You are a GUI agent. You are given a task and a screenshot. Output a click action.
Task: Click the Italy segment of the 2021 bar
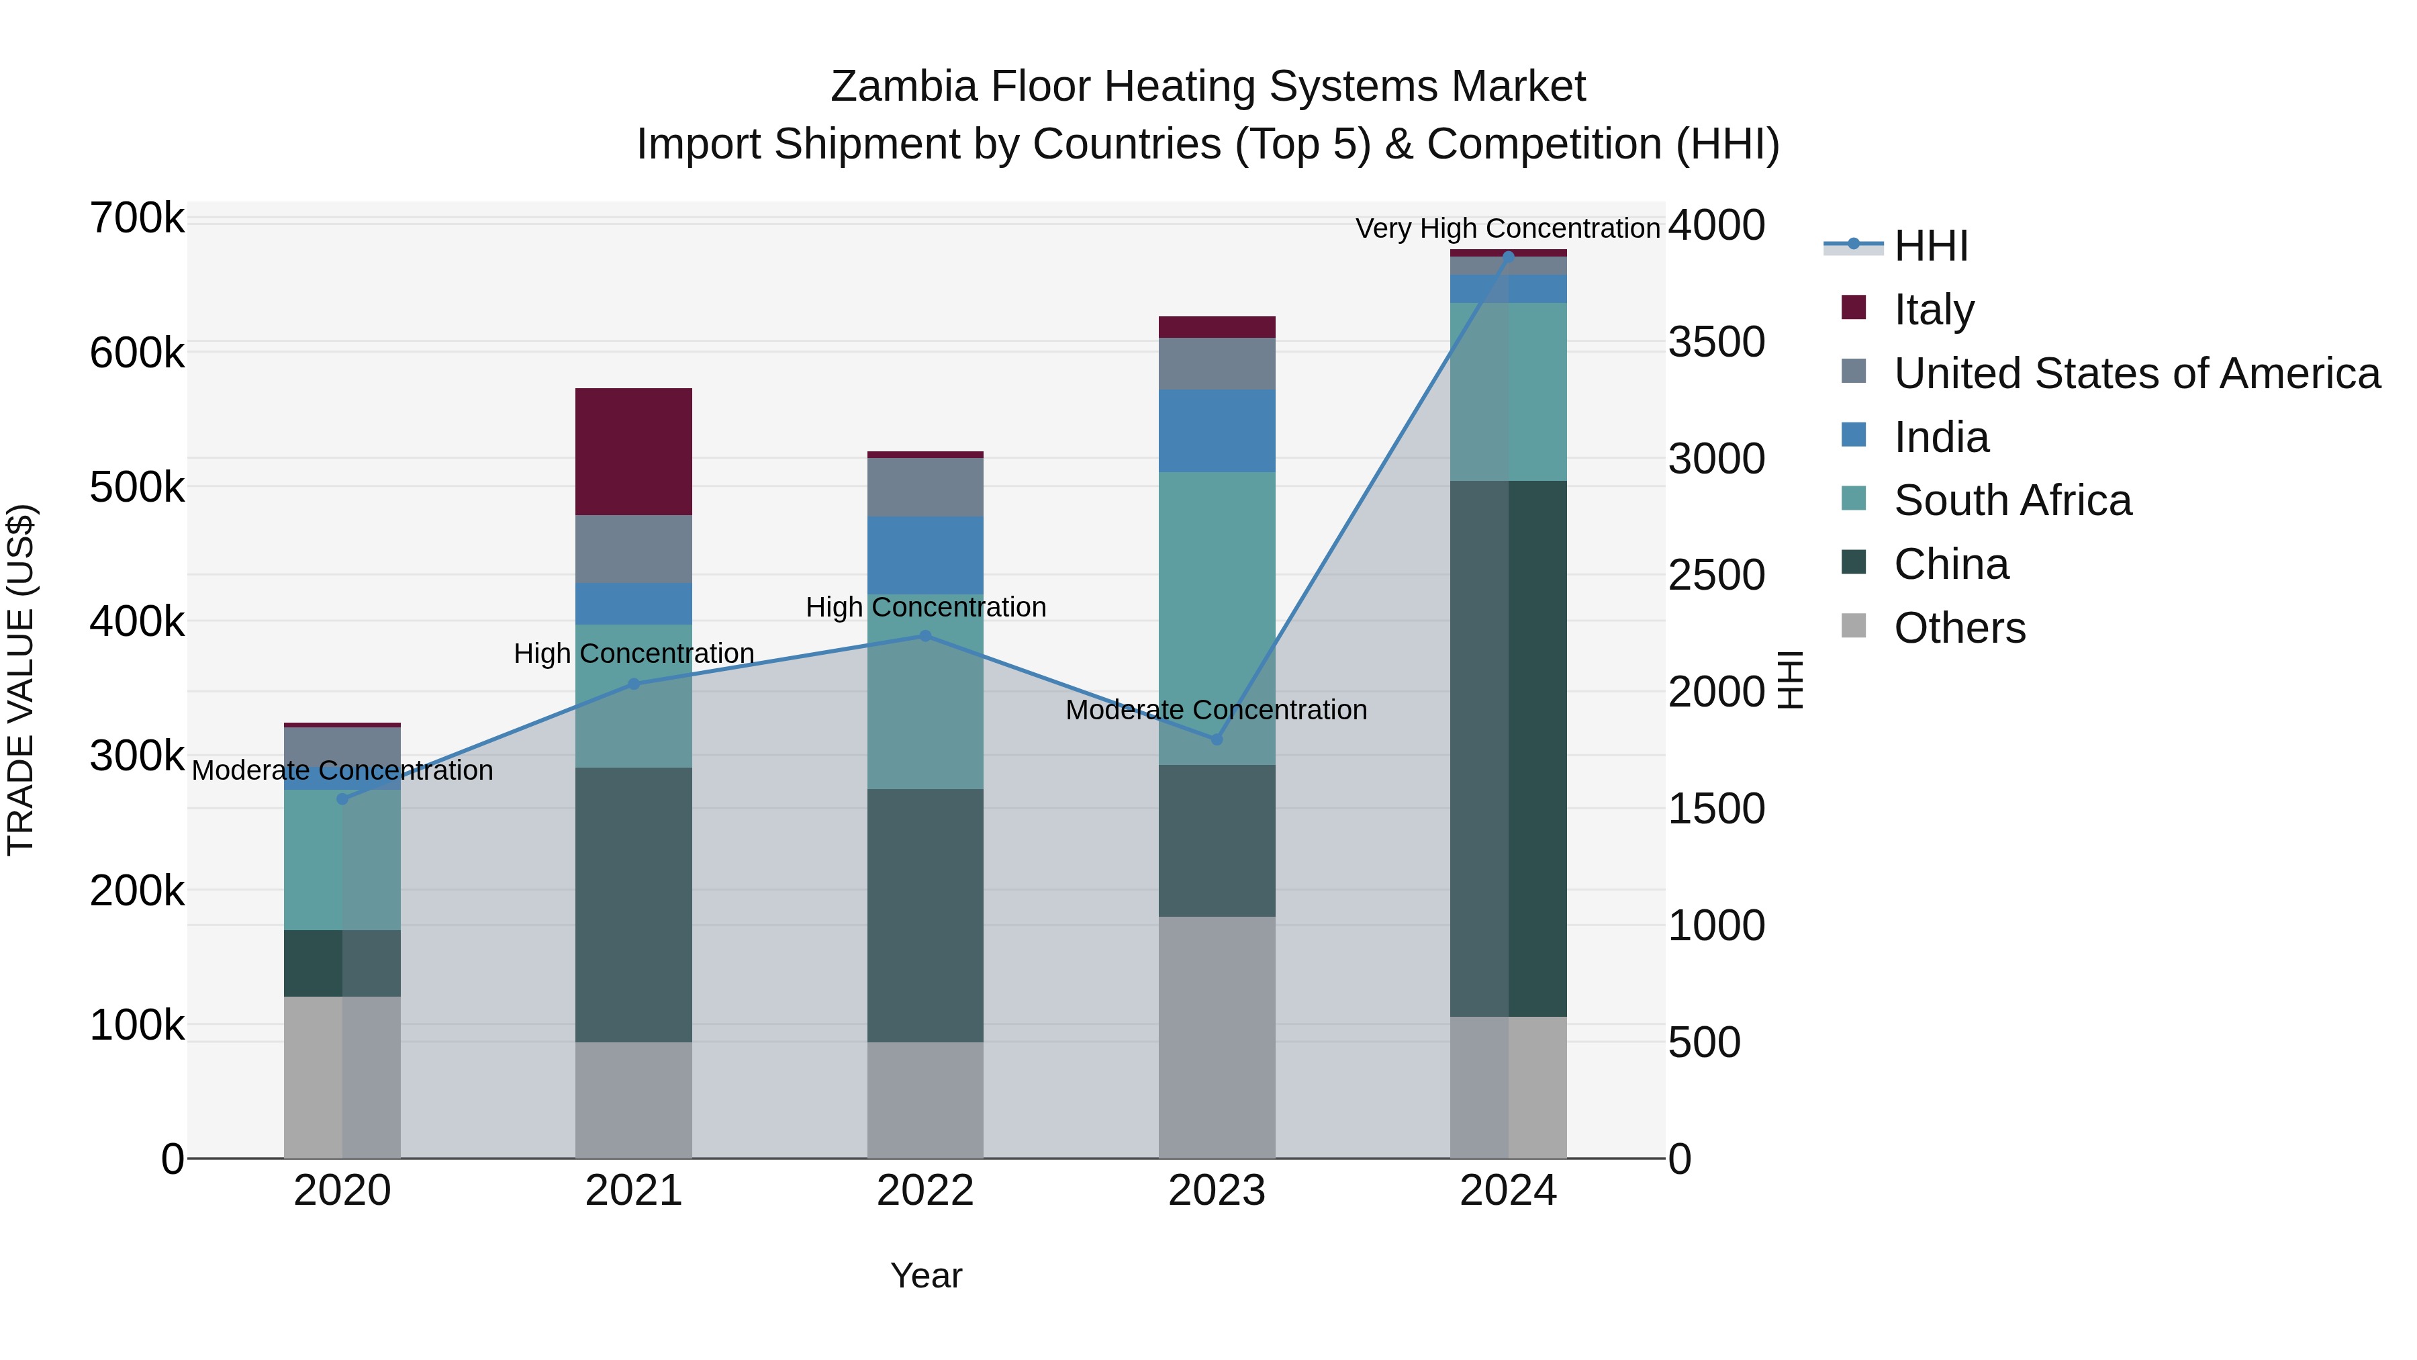point(633,451)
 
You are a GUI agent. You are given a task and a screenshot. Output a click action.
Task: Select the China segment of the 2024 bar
point(1508,748)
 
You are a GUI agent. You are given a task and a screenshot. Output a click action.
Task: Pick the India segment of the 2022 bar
point(925,555)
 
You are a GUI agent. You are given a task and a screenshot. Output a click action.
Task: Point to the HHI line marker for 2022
point(925,635)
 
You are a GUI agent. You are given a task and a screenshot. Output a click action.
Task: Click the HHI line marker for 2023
point(1217,739)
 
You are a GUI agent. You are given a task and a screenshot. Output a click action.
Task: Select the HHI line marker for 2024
point(1508,255)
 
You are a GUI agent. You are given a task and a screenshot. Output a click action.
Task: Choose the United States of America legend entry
point(2136,373)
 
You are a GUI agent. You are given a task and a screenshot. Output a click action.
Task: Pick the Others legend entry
point(1959,628)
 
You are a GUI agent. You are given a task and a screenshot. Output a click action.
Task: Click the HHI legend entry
point(1930,246)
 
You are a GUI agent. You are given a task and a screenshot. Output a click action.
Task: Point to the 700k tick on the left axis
point(137,219)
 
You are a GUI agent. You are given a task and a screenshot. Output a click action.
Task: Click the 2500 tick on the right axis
point(1716,576)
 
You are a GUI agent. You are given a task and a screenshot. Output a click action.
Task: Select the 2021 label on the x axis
point(633,1191)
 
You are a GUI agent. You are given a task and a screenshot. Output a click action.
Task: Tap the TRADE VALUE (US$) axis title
point(21,680)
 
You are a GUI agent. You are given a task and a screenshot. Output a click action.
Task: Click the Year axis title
point(925,1275)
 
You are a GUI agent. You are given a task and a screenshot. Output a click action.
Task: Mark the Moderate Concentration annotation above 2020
point(342,770)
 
